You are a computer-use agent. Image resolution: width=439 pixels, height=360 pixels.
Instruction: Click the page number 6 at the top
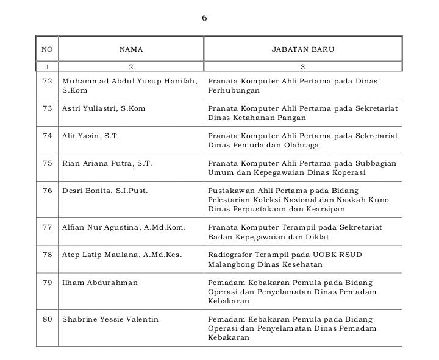[x=204, y=18]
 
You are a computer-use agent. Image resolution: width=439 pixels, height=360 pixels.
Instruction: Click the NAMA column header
[x=130, y=49]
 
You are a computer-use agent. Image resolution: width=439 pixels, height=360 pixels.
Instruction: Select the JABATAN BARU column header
[x=302, y=49]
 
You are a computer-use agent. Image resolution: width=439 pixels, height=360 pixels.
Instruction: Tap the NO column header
[x=47, y=49]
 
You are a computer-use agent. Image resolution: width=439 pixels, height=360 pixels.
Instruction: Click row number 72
[x=48, y=81]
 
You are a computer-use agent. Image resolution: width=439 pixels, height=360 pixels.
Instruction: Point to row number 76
[x=48, y=191]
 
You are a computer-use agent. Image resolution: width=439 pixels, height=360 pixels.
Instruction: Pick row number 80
[x=48, y=319]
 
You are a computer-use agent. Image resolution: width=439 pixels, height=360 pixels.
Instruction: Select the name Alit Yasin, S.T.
[x=90, y=136]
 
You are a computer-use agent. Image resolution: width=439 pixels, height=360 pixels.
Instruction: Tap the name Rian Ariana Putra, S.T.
[x=107, y=163]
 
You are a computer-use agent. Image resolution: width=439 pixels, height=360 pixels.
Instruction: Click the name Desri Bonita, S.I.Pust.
[x=105, y=191]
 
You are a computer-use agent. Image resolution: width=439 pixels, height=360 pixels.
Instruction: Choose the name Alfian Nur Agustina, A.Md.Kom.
[x=124, y=227]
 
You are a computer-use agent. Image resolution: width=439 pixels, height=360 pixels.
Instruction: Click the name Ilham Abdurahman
[x=99, y=283]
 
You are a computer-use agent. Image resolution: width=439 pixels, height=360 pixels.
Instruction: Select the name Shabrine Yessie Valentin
[x=110, y=319]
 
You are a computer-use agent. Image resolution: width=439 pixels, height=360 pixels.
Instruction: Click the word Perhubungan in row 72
[x=234, y=90]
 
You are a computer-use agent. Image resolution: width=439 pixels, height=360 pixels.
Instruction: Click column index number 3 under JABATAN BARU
[x=302, y=66]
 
